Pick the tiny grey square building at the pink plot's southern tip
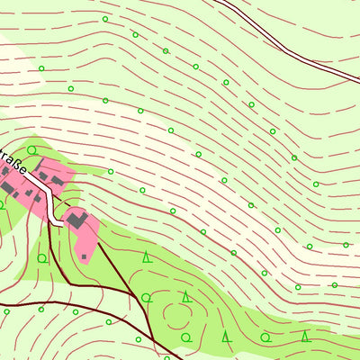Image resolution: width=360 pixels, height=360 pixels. point(84,256)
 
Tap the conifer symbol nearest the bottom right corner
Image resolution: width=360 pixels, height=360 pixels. point(305,337)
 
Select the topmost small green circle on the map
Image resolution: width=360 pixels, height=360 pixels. point(104,19)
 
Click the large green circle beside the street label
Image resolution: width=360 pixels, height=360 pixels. point(31,150)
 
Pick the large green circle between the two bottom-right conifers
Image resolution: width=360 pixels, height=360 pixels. point(265,337)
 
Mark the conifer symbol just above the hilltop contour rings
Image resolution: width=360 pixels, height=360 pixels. point(185,296)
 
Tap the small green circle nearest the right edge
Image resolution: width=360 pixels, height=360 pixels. point(346,244)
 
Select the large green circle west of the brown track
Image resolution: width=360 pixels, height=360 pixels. point(41,258)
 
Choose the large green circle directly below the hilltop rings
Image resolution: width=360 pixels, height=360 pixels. point(185,337)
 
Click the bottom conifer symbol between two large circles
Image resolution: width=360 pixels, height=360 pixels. point(225,337)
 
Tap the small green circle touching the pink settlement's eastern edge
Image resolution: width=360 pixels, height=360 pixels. point(111,171)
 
